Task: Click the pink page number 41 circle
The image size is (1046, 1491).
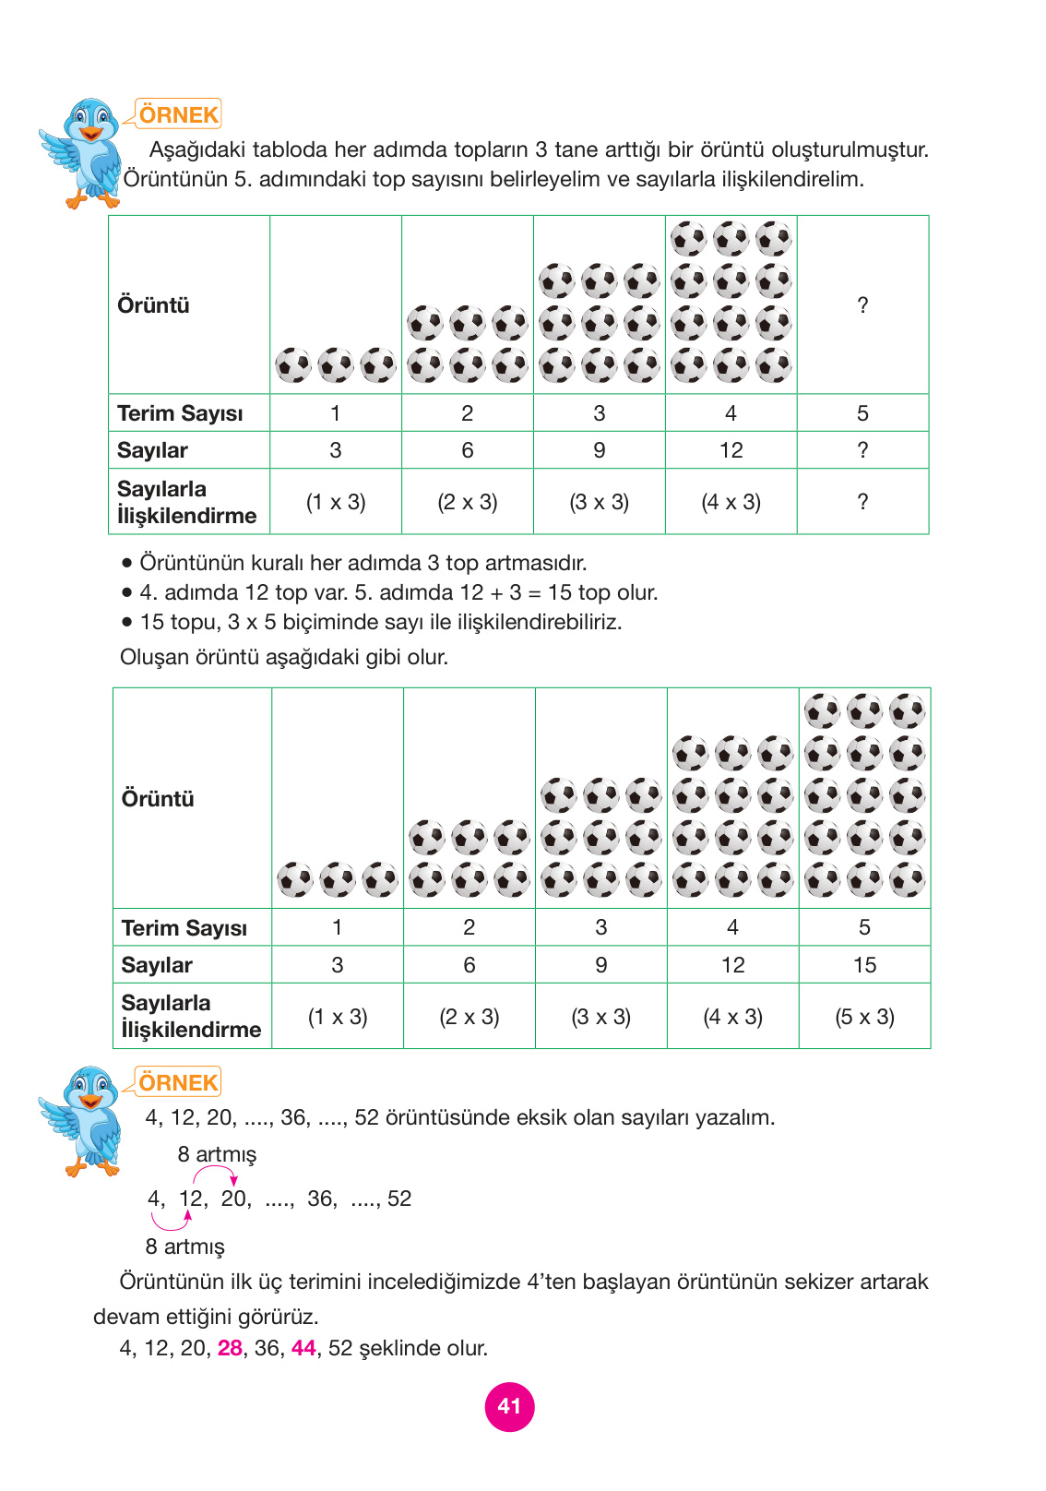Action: pos(509,1406)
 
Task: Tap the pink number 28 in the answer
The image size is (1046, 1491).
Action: pos(230,1348)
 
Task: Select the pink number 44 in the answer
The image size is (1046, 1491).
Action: pos(303,1348)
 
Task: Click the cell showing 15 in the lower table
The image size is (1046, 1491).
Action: pos(864,965)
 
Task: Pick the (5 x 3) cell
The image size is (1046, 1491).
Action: pos(864,1017)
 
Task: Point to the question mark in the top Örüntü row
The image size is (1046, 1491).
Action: pos(862,305)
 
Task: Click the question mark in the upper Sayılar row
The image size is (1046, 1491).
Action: pos(862,450)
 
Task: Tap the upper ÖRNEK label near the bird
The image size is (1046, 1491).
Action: pos(179,114)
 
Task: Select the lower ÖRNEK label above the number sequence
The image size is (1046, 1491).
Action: pos(179,1082)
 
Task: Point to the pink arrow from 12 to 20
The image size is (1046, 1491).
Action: pos(215,1173)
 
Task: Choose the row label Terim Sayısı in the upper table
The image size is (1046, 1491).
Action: pos(180,413)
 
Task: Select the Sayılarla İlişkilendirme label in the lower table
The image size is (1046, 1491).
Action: pos(191,1016)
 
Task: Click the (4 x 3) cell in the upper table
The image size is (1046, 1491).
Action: pos(731,502)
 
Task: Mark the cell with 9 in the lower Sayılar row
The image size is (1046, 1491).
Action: pos(600,965)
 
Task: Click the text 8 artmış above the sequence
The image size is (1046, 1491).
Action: pos(217,1154)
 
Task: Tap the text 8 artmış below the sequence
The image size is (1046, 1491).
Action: pos(184,1246)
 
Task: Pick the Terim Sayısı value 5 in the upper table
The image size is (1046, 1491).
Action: pos(862,413)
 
